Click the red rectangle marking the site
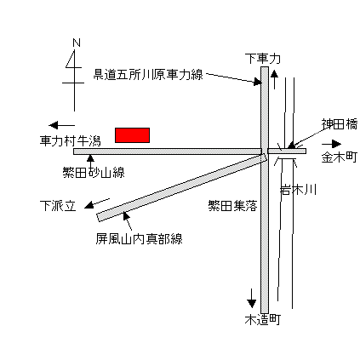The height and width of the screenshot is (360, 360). pos(132,135)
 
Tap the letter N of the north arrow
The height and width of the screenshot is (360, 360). pos(77,43)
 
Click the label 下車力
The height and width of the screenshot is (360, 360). pos(263,59)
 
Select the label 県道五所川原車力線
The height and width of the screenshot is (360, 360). pos(148,75)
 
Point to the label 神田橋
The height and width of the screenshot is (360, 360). pos(340,124)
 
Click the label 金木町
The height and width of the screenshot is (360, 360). pos(340,157)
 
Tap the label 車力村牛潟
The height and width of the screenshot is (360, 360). pos(70,140)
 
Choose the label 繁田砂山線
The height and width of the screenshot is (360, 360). pos(94,172)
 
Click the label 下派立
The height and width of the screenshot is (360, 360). pos(58,206)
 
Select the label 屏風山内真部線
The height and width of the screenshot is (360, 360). pos(139,238)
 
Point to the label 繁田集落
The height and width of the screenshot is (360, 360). pos(232,205)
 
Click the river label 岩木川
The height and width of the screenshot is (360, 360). pos(298,190)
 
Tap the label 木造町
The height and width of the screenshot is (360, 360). pos(263,320)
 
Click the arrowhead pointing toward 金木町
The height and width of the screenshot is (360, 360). pos(336,144)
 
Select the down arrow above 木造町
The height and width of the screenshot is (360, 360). pos(251,299)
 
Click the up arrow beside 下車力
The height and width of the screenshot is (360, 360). pos(274,80)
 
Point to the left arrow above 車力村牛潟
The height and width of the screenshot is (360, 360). pos(61,125)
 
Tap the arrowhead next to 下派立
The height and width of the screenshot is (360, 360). pos(89,205)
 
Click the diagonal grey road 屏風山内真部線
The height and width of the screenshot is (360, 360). pos(182,187)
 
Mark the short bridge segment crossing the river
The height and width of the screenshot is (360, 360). pos(287,151)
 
